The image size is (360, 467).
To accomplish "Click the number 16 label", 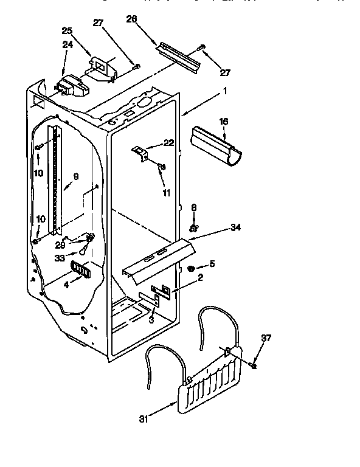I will coord(224,122).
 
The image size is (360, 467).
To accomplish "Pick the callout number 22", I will coord(168,144).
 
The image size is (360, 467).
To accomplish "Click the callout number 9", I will coord(76,178).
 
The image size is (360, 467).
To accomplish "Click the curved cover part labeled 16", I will coord(216,144).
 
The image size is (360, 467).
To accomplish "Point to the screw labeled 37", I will coord(253,364).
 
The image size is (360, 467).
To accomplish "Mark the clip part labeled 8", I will coord(193,228).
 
